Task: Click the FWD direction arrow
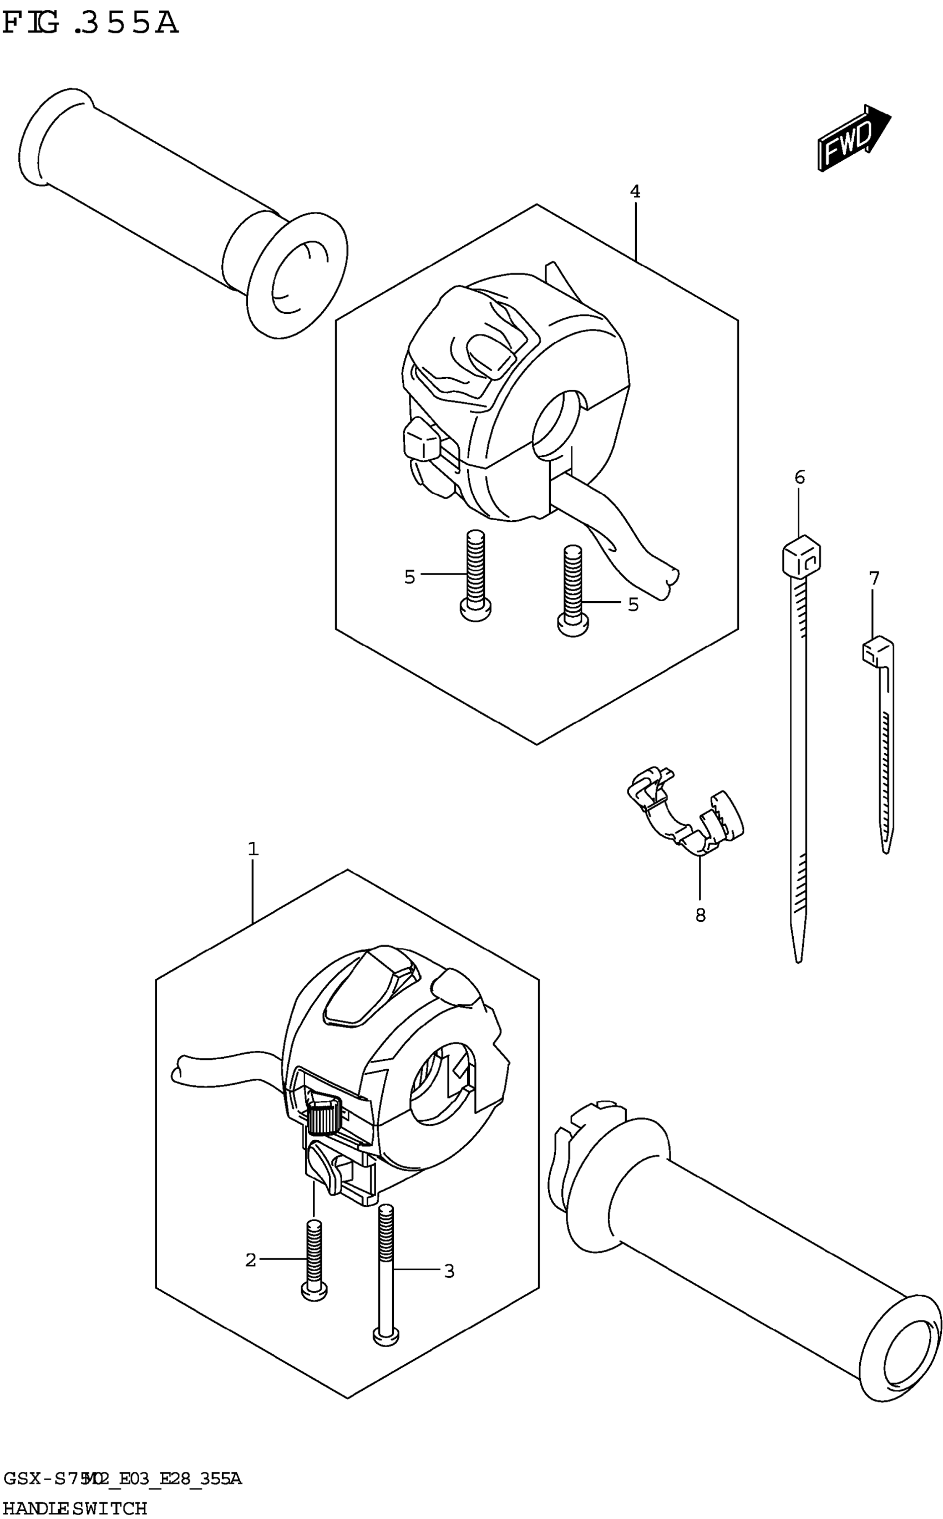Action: tap(854, 139)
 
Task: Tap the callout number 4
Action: tap(635, 191)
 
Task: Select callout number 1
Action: tap(252, 849)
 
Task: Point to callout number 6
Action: tap(799, 477)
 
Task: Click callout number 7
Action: tap(874, 578)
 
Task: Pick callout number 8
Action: tap(701, 916)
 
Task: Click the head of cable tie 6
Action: tap(801, 555)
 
